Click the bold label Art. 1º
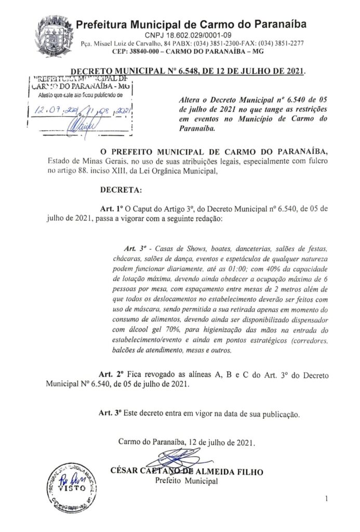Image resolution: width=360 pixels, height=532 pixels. pos(113,209)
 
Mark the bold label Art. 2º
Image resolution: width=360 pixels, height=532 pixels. pos(113,375)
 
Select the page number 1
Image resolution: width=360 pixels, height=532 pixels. pos(326,499)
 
